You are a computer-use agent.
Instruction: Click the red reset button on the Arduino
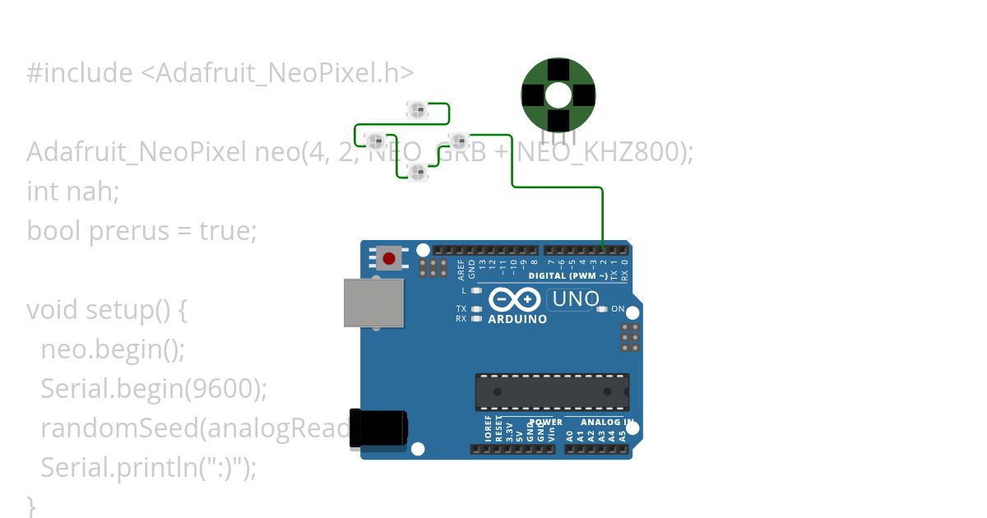388,258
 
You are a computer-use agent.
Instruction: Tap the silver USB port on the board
373,303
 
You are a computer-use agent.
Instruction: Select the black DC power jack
378,429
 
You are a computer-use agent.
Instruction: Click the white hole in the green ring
558,95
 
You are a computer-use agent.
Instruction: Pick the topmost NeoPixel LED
418,109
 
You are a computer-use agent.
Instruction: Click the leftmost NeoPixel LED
375,139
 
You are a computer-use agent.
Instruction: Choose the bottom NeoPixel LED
418,172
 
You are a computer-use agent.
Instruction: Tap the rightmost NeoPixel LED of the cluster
458,139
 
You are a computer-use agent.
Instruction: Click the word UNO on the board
576,299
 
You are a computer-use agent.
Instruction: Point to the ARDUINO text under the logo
517,319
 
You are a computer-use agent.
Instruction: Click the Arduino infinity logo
515,299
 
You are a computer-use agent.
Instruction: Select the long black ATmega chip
552,391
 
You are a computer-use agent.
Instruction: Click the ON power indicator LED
602,309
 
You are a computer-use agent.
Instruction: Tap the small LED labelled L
476,290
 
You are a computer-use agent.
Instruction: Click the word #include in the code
79,73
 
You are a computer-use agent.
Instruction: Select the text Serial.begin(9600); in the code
154,389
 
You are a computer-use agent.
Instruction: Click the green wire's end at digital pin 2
603,249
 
